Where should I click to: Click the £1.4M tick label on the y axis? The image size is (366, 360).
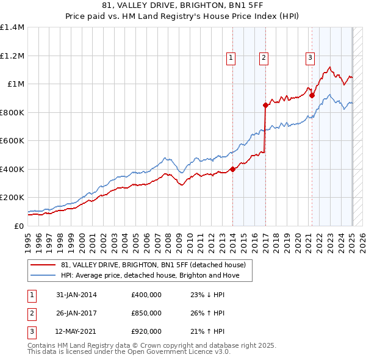pos(12,27)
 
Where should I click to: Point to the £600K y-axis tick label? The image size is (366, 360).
pos(12,141)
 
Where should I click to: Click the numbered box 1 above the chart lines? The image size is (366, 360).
pos(232,58)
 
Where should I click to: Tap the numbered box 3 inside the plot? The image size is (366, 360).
pos(310,58)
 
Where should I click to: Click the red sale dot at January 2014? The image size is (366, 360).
pos(232,170)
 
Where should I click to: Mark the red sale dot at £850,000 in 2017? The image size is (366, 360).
pos(265,106)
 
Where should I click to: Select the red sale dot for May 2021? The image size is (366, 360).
pos(311,95)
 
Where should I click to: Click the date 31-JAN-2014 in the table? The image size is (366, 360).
pos(76,295)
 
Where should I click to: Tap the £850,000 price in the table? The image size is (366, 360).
pos(146,313)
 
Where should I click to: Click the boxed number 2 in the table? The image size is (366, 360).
pos(31,313)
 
